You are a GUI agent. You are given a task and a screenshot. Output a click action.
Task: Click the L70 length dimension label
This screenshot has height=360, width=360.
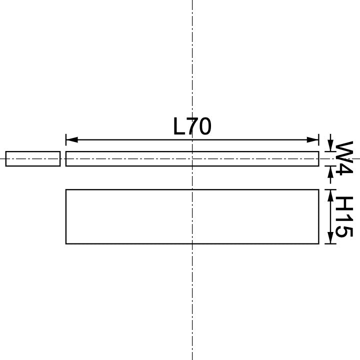192,126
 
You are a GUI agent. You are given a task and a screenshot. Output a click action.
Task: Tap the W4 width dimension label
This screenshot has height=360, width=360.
343,158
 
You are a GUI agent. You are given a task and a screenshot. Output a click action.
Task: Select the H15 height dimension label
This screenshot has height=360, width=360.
343,216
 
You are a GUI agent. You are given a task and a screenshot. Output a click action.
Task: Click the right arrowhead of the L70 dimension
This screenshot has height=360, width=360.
313,139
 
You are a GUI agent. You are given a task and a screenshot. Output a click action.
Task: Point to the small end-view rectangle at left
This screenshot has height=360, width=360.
33,158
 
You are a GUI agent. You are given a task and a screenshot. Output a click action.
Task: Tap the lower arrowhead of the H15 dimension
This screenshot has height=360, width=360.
330,239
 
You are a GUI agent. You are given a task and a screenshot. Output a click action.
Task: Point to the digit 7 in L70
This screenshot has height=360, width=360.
192,126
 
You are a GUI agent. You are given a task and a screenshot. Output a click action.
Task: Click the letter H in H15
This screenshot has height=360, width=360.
343,203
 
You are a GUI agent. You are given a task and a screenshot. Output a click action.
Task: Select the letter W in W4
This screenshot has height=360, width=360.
343,150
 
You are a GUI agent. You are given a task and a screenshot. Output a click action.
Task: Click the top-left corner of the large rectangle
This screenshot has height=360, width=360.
66,189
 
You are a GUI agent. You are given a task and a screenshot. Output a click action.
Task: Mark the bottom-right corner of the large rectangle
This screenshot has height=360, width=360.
318,243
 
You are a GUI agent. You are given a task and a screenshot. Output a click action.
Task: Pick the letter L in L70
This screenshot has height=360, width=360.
179,126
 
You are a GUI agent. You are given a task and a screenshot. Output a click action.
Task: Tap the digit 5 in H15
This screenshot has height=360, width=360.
343,231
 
